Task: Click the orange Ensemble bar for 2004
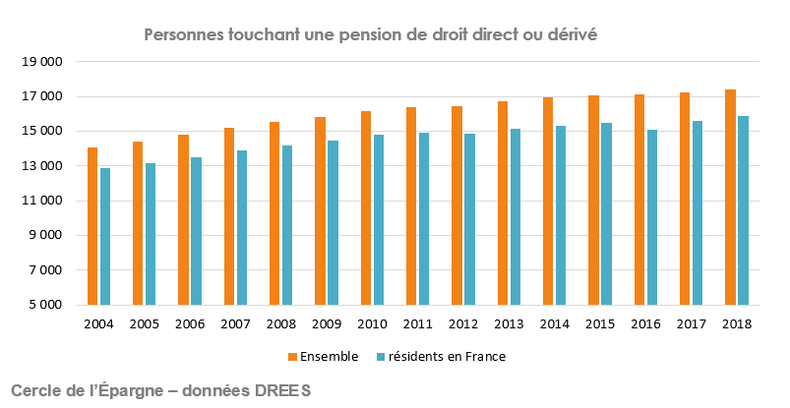(x=92, y=226)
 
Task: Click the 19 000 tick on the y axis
(x=41, y=62)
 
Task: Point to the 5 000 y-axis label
(x=45, y=305)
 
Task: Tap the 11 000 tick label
(x=41, y=201)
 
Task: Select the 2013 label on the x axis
(x=509, y=323)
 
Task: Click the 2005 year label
(x=144, y=323)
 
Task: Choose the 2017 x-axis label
(x=691, y=323)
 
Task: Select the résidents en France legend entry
(x=448, y=356)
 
